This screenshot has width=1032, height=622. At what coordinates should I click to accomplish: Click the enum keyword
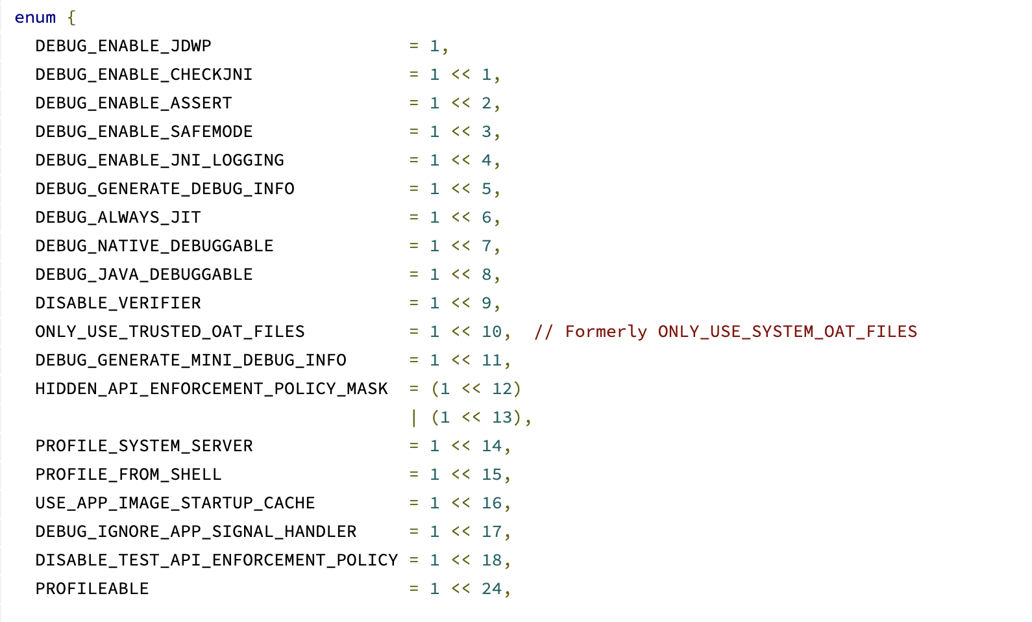pos(35,18)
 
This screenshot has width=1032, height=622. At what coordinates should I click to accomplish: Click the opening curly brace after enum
pos(71,18)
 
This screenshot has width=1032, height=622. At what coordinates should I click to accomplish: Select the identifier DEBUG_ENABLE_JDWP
pos(123,46)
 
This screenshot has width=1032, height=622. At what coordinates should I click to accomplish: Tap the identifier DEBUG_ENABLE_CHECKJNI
pos(144,75)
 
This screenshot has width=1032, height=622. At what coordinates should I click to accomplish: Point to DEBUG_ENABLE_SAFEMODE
pos(144,132)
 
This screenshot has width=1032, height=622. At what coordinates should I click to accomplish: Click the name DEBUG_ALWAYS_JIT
pos(118,218)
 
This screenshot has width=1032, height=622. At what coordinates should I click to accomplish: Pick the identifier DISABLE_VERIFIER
pos(118,303)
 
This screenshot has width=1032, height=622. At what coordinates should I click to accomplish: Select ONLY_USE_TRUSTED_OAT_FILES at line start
pos(170,332)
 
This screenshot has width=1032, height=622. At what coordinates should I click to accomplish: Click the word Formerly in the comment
pos(606,332)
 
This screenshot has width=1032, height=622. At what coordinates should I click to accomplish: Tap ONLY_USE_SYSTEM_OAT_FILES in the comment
pos(787,332)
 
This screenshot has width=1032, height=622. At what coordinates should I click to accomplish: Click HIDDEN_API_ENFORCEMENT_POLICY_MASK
pos(212,389)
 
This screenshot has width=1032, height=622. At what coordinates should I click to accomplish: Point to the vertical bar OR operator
pos(414,417)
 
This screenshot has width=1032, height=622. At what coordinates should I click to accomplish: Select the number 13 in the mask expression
pos(502,417)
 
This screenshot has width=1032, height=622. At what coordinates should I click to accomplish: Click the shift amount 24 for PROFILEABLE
pos(491,589)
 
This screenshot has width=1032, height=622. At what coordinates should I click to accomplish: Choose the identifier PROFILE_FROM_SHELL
pos(129,475)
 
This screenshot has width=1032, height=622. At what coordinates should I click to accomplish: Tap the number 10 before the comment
pos(491,332)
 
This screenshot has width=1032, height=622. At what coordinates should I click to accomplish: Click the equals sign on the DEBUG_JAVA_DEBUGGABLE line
pos(414,275)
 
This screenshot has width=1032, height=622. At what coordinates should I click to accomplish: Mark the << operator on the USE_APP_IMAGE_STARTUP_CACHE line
pos(461,503)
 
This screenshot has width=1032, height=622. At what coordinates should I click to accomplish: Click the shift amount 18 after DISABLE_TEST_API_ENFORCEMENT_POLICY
pos(491,560)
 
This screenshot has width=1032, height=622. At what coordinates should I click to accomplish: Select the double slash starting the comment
pos(543,332)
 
